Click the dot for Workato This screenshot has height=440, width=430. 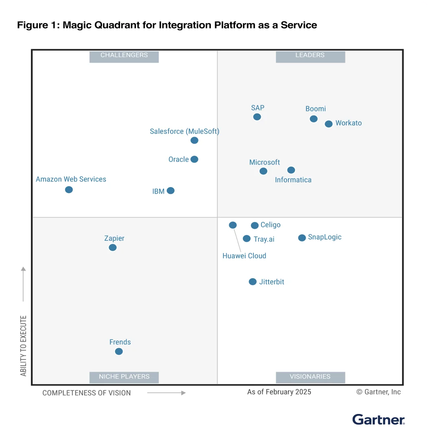[329, 124]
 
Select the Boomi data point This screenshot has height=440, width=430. [314, 119]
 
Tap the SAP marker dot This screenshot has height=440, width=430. [257, 117]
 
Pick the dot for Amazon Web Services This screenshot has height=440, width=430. [69, 190]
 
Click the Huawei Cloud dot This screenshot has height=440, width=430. [233, 225]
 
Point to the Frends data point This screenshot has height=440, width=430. [119, 351]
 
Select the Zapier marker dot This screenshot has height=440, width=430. [113, 247]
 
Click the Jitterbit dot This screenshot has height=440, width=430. [253, 281]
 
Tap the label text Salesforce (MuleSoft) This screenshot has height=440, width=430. [185, 131]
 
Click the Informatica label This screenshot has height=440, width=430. [293, 180]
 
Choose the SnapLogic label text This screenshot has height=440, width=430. [325, 237]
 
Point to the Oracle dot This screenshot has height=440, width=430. [194, 159]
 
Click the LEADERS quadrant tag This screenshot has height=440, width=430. [310, 56]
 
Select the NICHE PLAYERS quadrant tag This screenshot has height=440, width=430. [124, 377]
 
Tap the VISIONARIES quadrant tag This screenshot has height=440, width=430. [310, 377]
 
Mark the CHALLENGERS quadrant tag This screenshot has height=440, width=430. [124, 56]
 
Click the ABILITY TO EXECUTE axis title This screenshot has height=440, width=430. [24, 346]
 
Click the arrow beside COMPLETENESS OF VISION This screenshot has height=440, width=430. [166, 393]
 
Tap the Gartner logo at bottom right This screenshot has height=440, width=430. [379, 419]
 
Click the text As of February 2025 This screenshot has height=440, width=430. [279, 392]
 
